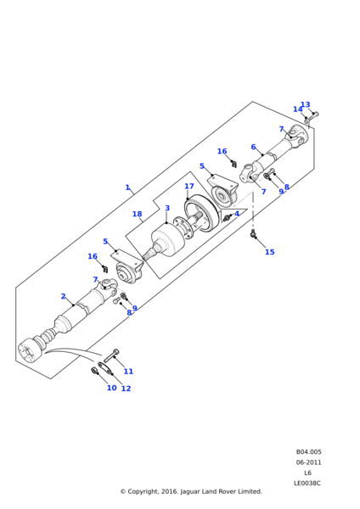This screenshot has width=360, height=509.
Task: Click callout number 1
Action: (x=127, y=187)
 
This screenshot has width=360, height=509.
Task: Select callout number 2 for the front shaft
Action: (x=64, y=296)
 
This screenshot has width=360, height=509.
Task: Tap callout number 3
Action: (x=167, y=208)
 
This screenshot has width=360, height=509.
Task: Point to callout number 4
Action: (x=237, y=213)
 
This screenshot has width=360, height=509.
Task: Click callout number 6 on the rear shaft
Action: (x=253, y=147)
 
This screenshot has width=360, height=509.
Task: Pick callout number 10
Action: (x=112, y=388)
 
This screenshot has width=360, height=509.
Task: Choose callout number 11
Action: (x=129, y=371)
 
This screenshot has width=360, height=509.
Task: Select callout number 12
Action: (x=126, y=389)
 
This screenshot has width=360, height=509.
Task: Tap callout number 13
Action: (x=306, y=104)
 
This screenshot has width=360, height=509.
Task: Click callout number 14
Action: (x=298, y=109)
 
